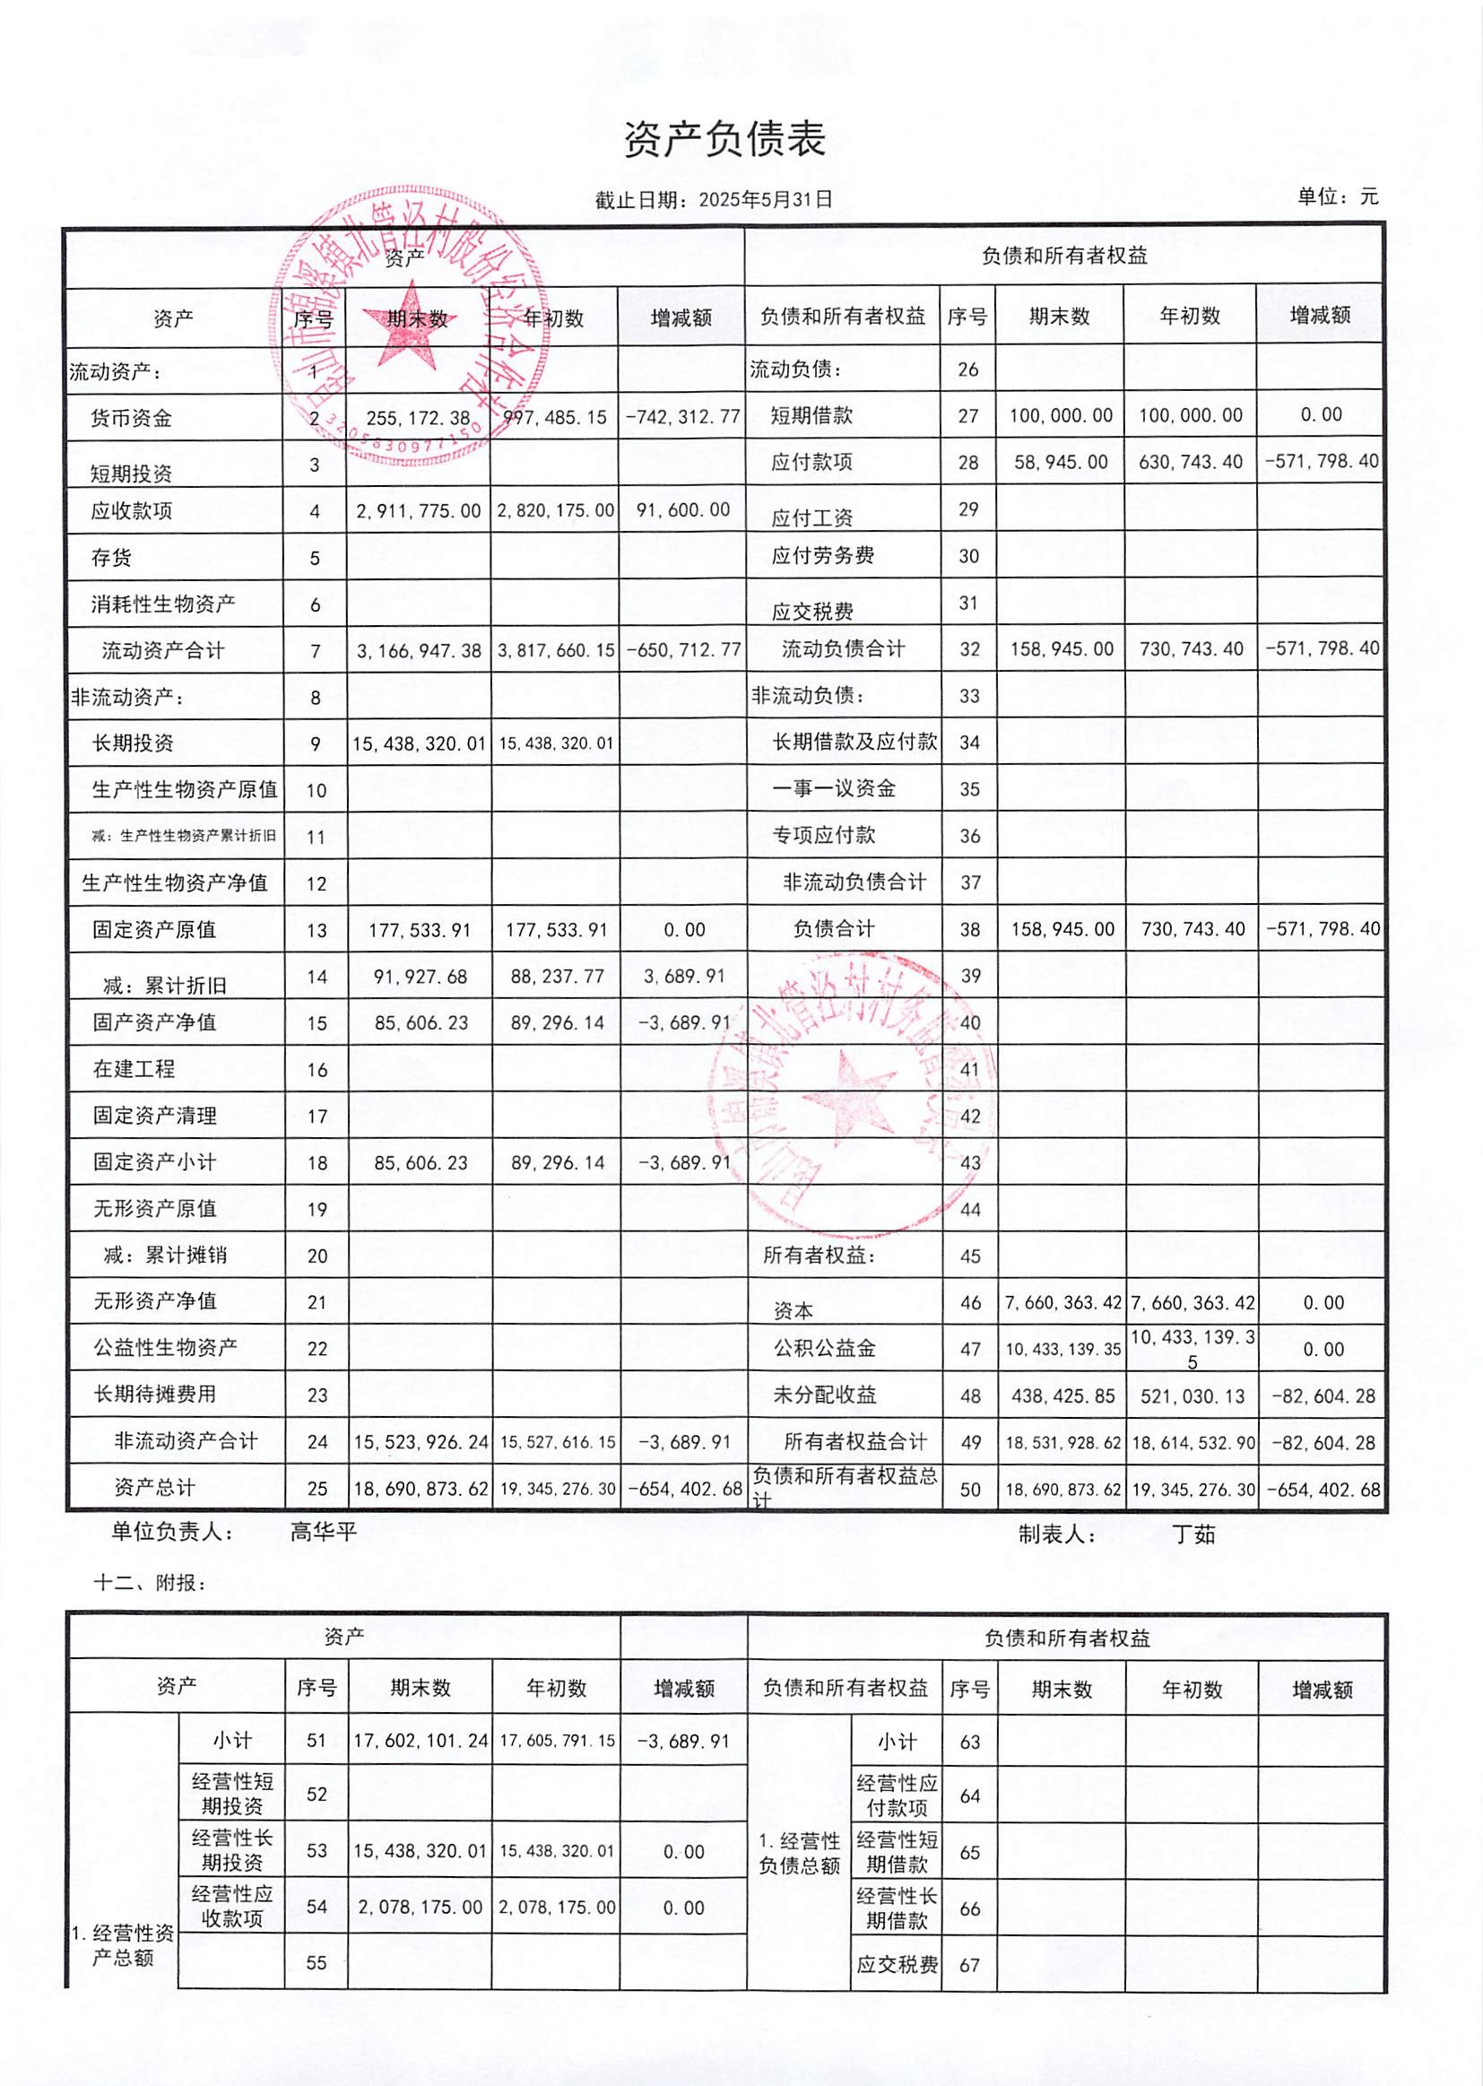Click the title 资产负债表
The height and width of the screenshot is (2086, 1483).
[x=724, y=140]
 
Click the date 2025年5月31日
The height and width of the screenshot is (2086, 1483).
[x=765, y=200]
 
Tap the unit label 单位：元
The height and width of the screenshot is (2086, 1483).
[x=1337, y=196]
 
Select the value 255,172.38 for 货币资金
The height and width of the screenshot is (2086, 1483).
[x=418, y=418]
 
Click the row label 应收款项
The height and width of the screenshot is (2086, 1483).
[x=132, y=510]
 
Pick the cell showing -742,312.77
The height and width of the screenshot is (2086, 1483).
[x=682, y=417]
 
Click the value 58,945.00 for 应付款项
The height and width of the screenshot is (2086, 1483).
[x=1060, y=462]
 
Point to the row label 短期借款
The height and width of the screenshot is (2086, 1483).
[x=811, y=415]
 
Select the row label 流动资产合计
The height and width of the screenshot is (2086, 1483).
[x=162, y=651]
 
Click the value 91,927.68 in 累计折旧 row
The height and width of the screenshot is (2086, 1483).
[x=420, y=977]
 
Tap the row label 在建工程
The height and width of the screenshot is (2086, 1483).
[x=134, y=1069]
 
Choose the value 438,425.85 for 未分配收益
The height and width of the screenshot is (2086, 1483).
[x=1062, y=1395]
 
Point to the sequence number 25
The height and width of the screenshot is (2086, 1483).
[x=317, y=1489]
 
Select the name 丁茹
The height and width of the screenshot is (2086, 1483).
[x=1193, y=1534]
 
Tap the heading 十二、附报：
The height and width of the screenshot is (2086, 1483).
[x=150, y=1583]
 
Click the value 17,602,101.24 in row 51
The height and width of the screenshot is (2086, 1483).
[x=420, y=1741]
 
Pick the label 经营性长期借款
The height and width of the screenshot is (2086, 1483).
[x=897, y=1908]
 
